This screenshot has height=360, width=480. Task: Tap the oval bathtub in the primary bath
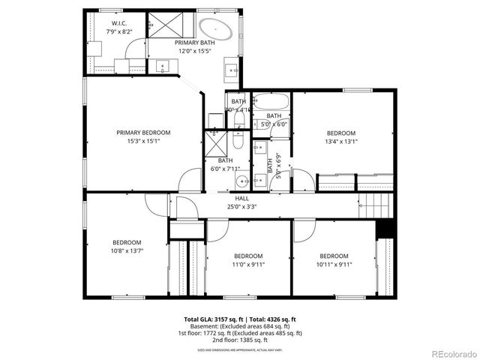214,29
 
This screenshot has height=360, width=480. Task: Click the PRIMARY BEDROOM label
143,132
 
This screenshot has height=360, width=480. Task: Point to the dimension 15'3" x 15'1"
143,141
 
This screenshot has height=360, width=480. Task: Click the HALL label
243,199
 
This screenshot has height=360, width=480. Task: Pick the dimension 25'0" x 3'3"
243,206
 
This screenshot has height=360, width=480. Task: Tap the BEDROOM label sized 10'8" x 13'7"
127,242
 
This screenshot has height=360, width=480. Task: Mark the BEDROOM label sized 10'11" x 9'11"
334,256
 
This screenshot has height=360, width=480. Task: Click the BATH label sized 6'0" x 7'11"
225,160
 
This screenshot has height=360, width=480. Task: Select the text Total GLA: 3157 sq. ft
214,318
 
